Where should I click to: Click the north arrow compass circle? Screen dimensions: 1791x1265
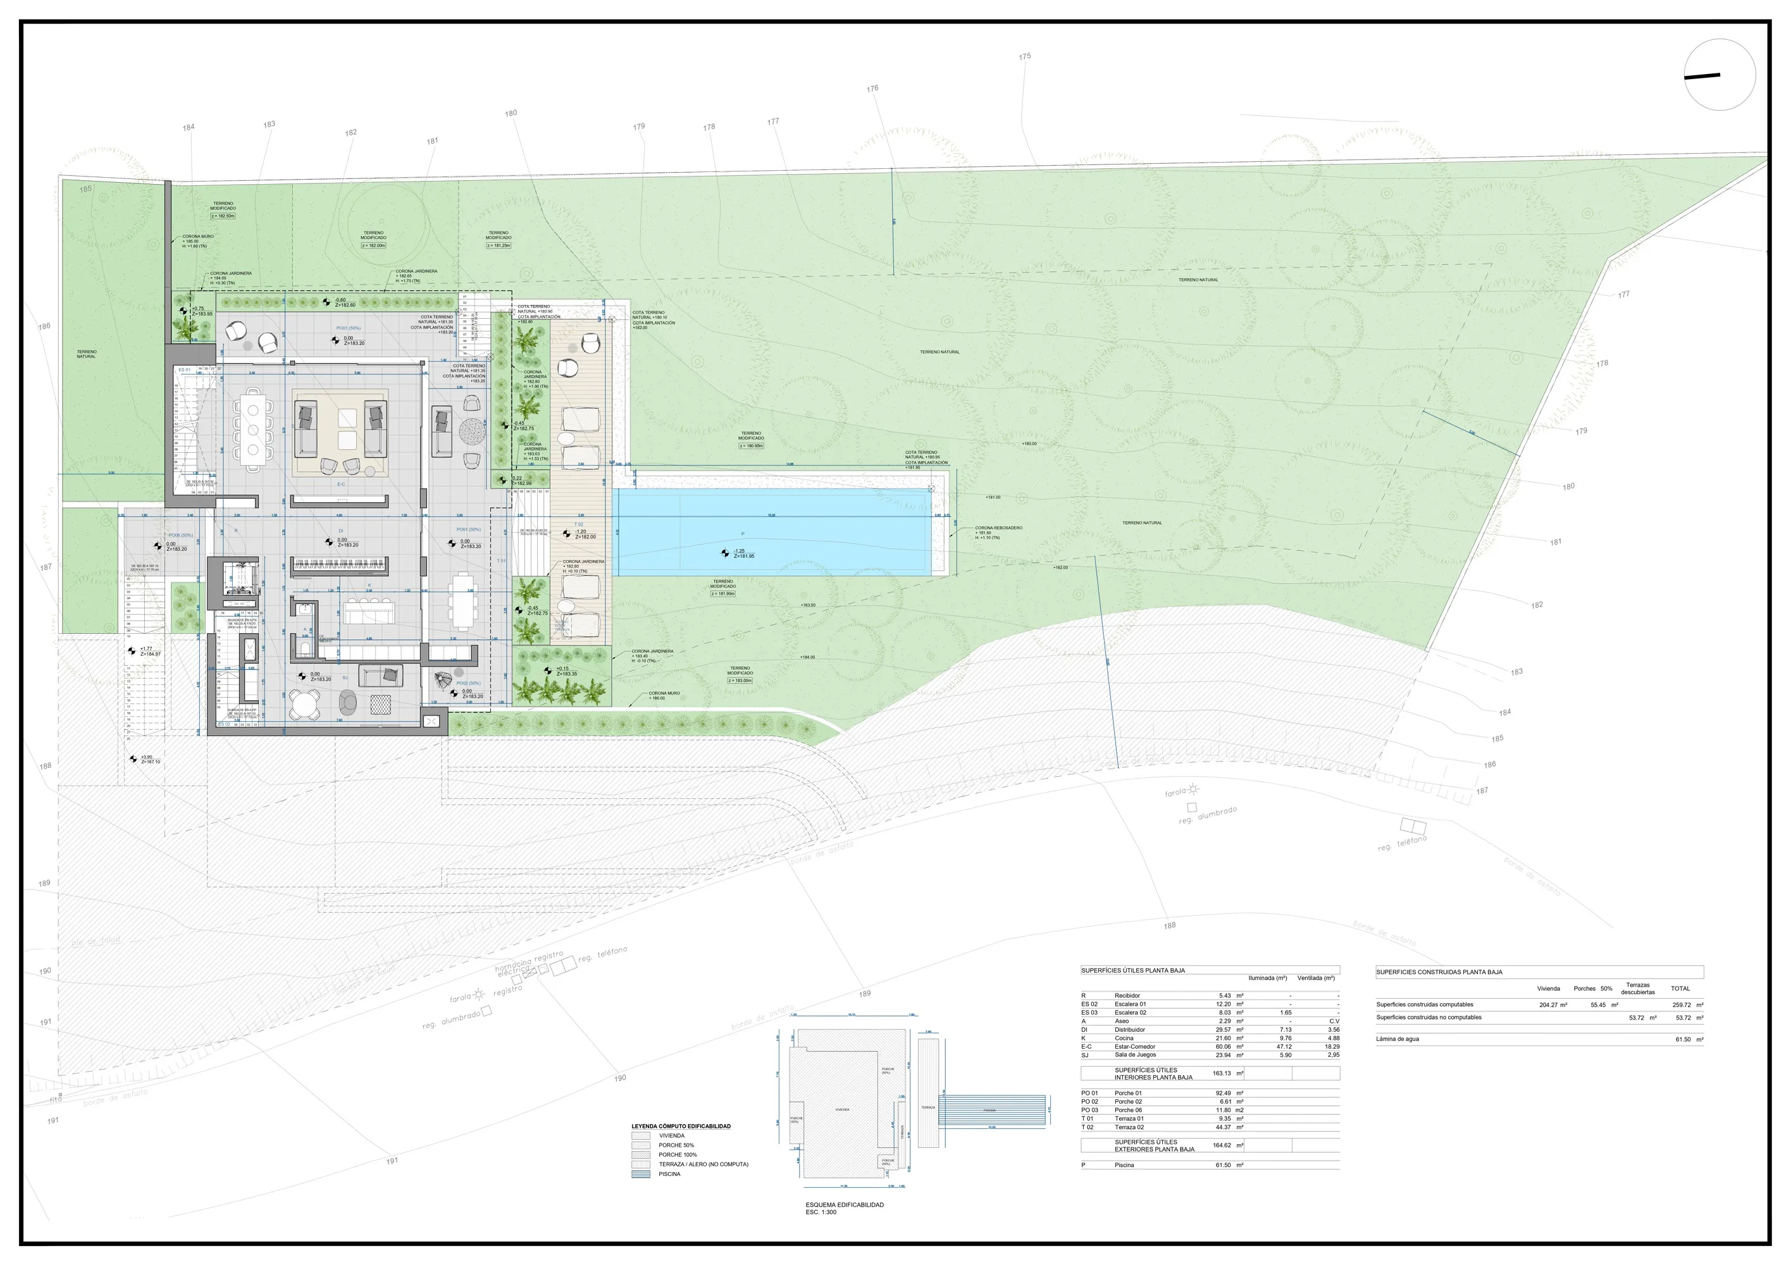point(1720,75)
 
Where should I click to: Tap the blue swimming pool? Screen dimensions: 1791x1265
point(772,532)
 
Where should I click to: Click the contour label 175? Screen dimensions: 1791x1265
point(1024,56)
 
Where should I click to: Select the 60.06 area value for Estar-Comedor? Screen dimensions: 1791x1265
point(1222,1047)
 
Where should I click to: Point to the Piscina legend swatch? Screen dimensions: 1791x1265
point(640,1174)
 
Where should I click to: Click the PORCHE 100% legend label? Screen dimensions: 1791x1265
point(677,1155)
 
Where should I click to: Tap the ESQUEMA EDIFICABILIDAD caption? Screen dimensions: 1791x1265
point(844,1205)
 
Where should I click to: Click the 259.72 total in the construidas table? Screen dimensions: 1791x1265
point(1682,1005)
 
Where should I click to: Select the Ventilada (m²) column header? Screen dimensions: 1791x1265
point(1315,978)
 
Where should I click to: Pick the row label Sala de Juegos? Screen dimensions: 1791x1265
point(1135,1055)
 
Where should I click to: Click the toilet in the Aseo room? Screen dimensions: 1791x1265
point(304,646)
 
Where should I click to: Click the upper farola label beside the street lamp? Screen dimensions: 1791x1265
point(1175,793)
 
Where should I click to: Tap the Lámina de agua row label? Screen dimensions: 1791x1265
point(1397,1039)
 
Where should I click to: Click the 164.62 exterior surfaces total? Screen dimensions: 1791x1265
point(1222,1145)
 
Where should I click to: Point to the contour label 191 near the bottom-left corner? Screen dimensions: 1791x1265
point(53,1121)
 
